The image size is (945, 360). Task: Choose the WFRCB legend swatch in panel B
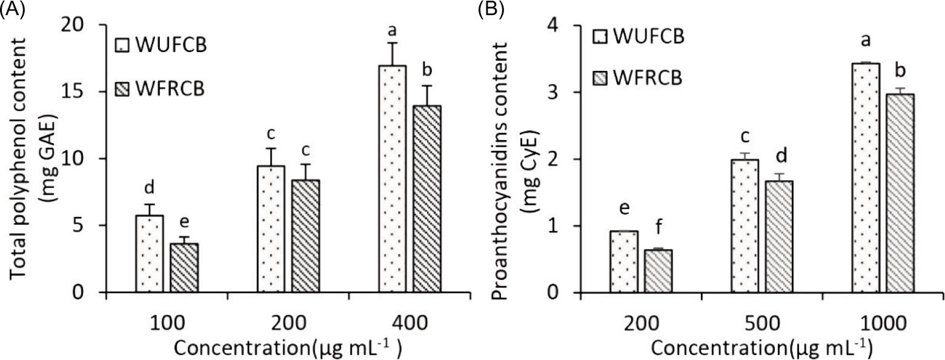pyautogui.click(x=600, y=78)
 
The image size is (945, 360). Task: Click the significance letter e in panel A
pyautogui.click(x=184, y=225)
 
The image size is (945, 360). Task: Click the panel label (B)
pyautogui.click(x=489, y=10)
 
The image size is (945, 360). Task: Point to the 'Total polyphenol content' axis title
pyautogui.click(x=18, y=159)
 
